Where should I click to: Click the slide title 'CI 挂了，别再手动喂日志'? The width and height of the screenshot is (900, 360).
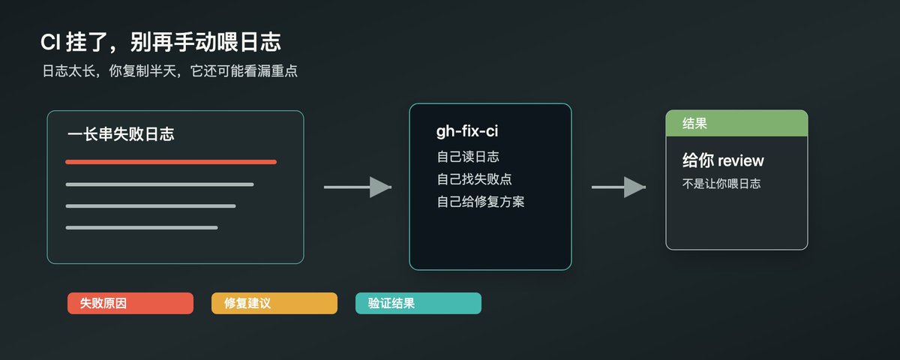[x=160, y=42]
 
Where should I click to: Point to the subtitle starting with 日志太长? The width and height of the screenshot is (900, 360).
[x=170, y=71]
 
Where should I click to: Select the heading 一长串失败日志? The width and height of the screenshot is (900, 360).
[x=121, y=134]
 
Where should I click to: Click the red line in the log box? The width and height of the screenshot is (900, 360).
[x=171, y=162]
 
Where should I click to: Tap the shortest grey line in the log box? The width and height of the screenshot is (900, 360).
[x=142, y=228]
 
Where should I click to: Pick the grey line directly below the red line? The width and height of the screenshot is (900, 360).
[x=160, y=184]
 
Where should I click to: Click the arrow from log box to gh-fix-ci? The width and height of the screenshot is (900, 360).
[x=358, y=187]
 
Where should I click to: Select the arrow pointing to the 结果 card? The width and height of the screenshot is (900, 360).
[x=619, y=187]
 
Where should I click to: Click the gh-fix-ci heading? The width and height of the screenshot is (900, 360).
[x=467, y=131]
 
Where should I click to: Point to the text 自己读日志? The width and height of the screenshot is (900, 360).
[x=468, y=157]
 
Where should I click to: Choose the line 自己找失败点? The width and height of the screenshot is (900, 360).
[x=475, y=179]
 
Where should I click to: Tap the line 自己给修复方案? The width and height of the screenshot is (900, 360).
[x=481, y=202]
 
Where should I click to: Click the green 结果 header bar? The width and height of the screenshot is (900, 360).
[x=736, y=123]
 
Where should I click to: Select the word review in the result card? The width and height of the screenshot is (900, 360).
[x=741, y=160]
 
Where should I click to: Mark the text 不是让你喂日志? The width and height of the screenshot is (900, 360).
[x=721, y=184]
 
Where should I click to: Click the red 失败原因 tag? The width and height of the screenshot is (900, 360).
[x=130, y=303]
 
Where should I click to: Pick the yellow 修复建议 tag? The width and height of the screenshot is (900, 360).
[x=274, y=303]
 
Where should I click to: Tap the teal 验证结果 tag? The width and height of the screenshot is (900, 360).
[x=418, y=303]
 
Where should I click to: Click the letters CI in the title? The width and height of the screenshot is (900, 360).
[x=51, y=42]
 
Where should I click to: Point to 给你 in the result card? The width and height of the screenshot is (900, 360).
[x=698, y=160]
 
